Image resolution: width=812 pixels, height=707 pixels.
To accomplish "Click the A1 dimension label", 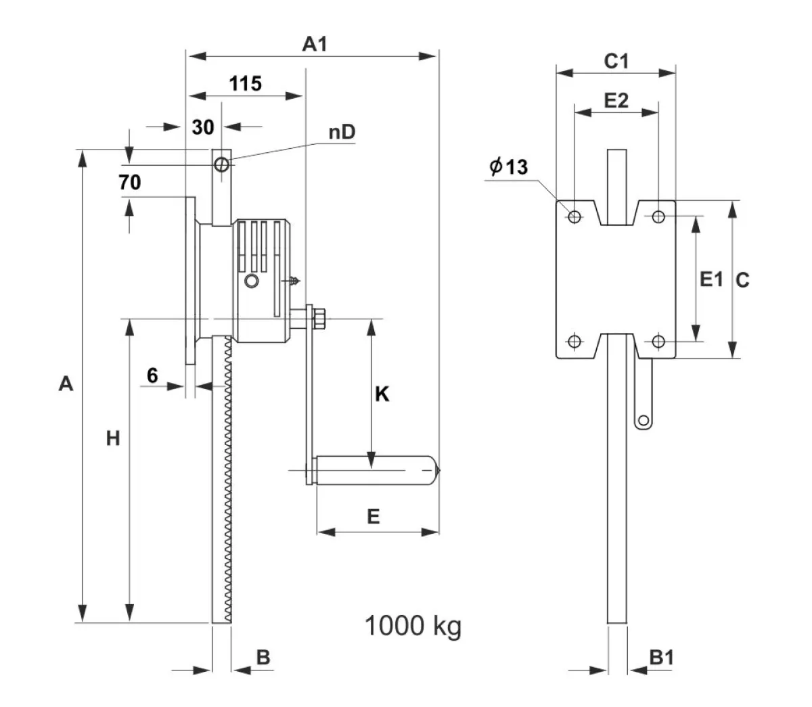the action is tap(315, 44).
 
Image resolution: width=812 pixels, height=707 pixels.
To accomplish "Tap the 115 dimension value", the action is tap(245, 83).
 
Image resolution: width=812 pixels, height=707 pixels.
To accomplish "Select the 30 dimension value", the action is tap(203, 127).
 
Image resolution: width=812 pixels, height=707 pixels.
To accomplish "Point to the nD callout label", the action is tap(342, 132).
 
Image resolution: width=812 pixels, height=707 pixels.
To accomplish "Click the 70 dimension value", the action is tap(130, 182).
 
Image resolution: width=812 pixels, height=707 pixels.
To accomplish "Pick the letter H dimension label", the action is tap(113, 438).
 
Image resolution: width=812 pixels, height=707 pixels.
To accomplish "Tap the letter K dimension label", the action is tap(382, 394).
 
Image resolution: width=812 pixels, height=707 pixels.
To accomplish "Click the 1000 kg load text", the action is tap(413, 626).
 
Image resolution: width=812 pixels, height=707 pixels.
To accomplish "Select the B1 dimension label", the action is tap(661, 657).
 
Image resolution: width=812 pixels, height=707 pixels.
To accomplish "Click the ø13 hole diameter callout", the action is tap(508, 166).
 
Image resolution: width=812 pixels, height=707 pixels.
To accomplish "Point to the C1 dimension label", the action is tap(616, 61).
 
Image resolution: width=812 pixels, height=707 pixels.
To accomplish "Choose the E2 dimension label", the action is tap(616, 100).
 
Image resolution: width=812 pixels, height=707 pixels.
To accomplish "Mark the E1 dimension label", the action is tap(711, 279).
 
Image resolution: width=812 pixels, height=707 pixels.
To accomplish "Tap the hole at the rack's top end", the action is tap(221, 164).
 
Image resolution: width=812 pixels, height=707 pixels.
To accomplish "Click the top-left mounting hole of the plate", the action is tap(574, 216).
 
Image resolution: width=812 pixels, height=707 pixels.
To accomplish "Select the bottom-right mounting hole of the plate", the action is tap(658, 341).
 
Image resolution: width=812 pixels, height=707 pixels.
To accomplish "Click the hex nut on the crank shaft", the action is tap(319, 319).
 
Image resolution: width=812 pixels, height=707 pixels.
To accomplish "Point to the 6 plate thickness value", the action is tap(152, 375).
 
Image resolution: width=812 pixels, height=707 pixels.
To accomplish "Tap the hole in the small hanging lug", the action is tap(644, 420).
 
